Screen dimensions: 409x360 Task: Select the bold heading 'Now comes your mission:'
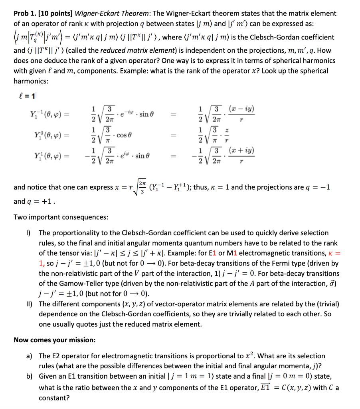click(55, 340)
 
